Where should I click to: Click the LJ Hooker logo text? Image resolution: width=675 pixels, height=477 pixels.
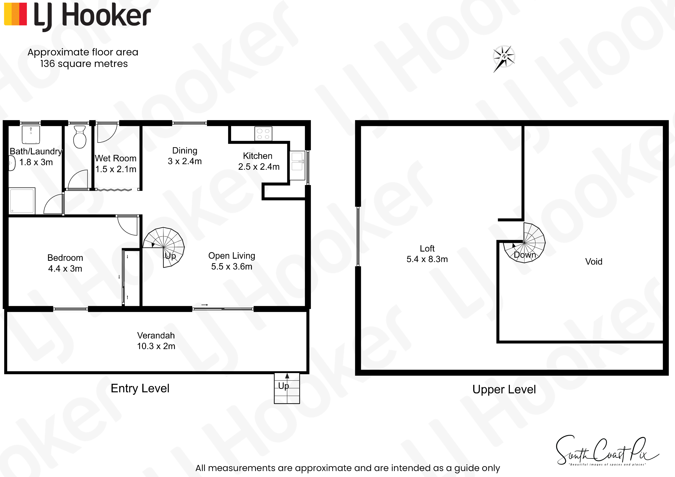tap(92, 16)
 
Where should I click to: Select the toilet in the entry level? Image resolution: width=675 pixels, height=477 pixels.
tap(79, 137)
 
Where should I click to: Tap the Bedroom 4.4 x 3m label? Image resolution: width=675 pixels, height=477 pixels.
tap(65, 263)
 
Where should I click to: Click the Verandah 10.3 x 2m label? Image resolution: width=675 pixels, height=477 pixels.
tap(156, 341)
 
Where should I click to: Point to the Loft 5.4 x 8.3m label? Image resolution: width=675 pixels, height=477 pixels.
tap(427, 254)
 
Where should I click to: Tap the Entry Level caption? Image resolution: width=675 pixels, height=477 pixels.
tap(140, 388)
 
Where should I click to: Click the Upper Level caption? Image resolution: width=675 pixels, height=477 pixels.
tap(504, 389)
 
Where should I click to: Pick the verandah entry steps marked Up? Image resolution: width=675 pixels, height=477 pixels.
tap(287, 388)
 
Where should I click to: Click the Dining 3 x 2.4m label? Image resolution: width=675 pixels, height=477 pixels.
tap(185, 156)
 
